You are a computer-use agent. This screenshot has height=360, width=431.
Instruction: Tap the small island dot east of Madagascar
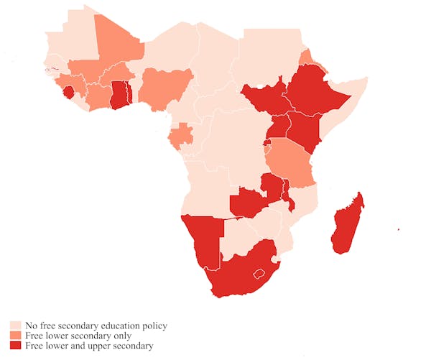(398, 230)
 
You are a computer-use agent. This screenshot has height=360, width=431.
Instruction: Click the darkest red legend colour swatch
(15, 346)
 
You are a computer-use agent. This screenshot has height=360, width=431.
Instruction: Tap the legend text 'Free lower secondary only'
(78, 336)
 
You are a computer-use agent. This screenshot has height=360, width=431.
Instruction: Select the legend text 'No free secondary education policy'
(96, 326)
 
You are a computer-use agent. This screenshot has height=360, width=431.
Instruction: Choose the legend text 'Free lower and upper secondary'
(88, 346)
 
